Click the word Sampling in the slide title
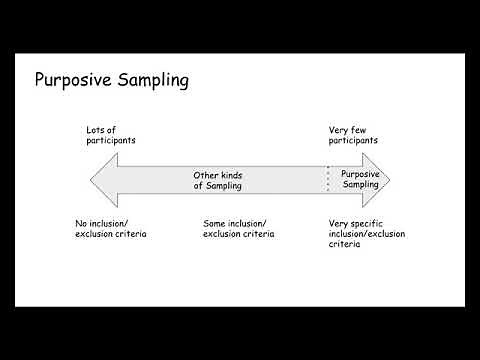[x=150, y=81]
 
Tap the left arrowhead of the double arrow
[x=101, y=180]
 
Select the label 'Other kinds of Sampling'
[x=218, y=180]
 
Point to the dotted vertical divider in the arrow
[x=328, y=180]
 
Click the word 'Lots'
[x=97, y=129]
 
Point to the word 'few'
[x=364, y=129]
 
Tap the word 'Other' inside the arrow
[x=206, y=175]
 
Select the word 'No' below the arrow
[x=80, y=222]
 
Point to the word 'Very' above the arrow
[x=341, y=129]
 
